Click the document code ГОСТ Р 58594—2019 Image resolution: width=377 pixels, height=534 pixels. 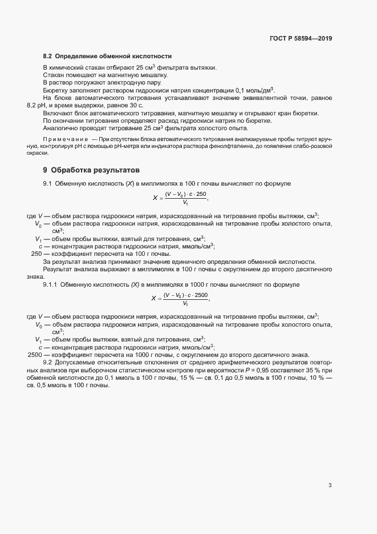point(301,39)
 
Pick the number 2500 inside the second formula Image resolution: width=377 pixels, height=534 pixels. point(201,295)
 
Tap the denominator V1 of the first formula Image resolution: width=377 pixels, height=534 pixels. point(186,203)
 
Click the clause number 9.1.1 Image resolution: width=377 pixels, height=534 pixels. point(50,284)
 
